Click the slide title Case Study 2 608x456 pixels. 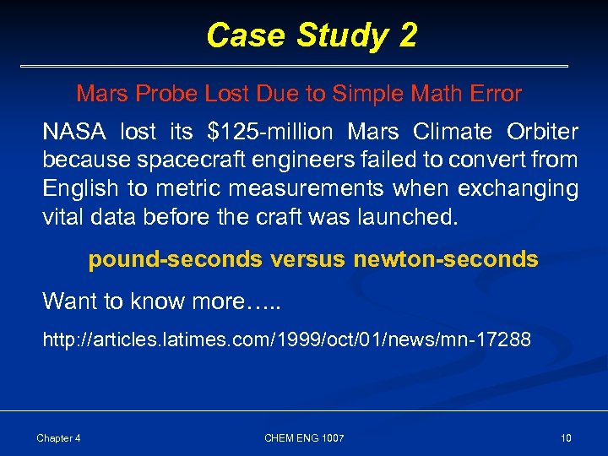[x=311, y=35]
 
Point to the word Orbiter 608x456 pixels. [x=542, y=133]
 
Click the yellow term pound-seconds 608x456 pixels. [x=176, y=259]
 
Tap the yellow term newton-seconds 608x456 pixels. [x=446, y=259]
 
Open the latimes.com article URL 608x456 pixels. [x=287, y=340]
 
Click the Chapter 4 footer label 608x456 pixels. [x=59, y=437]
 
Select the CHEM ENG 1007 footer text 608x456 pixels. [x=304, y=437]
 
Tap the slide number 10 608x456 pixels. [x=566, y=437]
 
